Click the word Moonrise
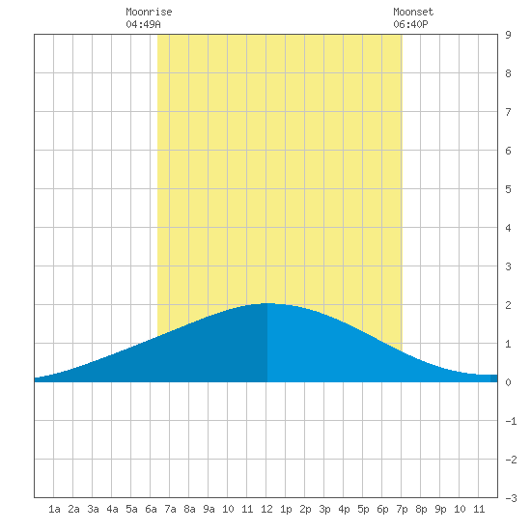(x=149, y=12)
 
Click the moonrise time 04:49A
(x=143, y=24)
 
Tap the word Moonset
(x=413, y=12)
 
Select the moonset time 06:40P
(x=410, y=24)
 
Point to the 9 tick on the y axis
(x=508, y=35)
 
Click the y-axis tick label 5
(x=508, y=189)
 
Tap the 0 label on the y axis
(x=508, y=382)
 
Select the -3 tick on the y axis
(x=511, y=498)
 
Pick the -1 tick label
(x=511, y=421)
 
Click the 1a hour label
(x=54, y=509)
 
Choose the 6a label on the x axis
(x=151, y=509)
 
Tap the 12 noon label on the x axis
(x=266, y=509)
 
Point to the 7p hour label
(x=402, y=509)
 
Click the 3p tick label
(x=324, y=509)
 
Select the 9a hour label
(x=209, y=509)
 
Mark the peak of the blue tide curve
(x=267, y=303)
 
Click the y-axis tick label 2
(x=508, y=305)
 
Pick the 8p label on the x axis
(x=421, y=509)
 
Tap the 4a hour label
(x=112, y=509)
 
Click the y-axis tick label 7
(x=508, y=112)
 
